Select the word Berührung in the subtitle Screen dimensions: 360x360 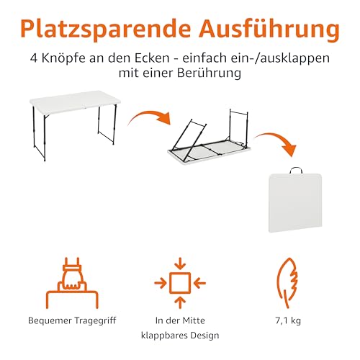214,74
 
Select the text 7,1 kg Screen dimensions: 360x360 287,320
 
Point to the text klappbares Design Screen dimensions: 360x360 180,336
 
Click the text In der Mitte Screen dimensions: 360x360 180,320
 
